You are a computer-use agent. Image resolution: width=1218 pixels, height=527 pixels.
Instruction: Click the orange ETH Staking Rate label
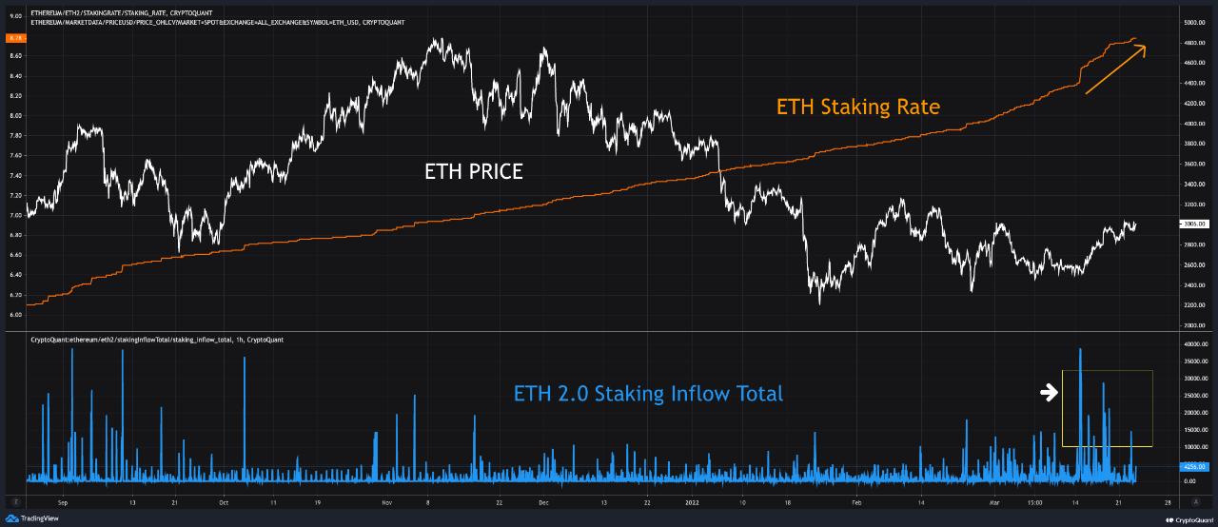click(x=857, y=107)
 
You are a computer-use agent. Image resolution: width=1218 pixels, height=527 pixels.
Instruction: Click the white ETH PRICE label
click(x=473, y=172)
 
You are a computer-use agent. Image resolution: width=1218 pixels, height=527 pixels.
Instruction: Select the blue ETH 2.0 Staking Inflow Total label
click(x=648, y=393)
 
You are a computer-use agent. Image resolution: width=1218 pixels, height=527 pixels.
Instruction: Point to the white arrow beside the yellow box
click(x=1048, y=391)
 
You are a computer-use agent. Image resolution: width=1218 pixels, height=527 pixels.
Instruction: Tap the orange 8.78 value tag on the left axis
click(x=15, y=37)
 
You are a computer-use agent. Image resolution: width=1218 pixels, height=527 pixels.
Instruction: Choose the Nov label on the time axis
click(x=386, y=500)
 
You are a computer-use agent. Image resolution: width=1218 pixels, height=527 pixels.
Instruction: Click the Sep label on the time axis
click(x=63, y=500)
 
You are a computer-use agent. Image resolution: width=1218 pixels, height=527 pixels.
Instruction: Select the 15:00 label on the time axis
click(x=1035, y=500)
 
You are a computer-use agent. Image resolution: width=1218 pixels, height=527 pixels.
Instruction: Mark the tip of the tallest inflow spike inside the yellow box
click(x=1080, y=349)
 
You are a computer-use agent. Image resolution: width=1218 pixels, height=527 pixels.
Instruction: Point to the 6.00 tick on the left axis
click(x=15, y=314)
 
